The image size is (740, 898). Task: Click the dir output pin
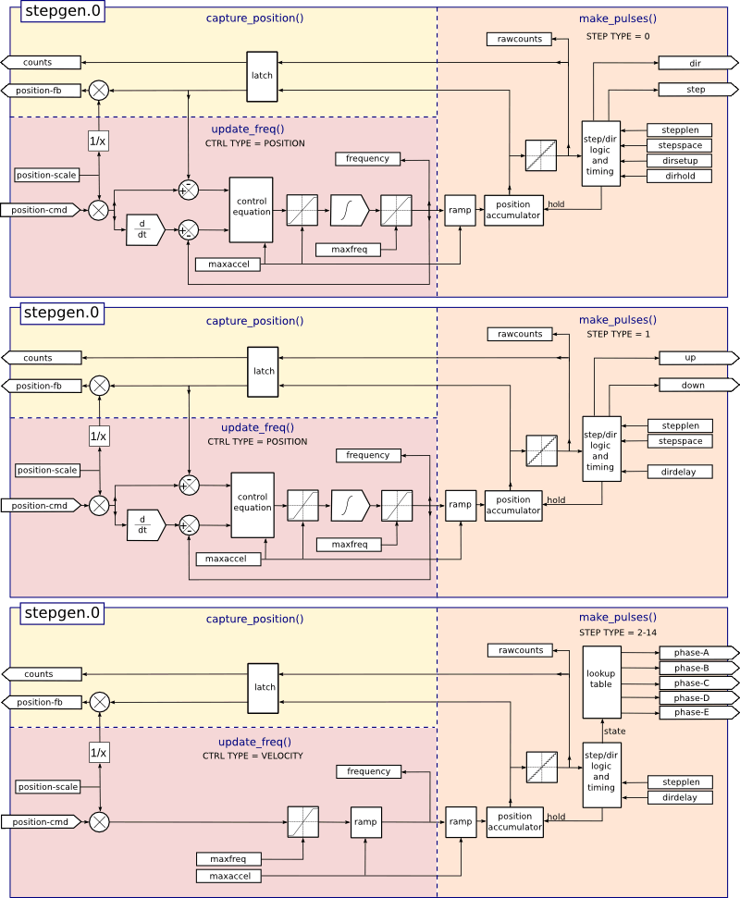click(696, 63)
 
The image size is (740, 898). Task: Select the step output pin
click(696, 90)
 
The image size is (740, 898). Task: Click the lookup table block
click(601, 681)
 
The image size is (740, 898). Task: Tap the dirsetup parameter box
click(679, 161)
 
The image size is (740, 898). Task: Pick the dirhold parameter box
click(679, 176)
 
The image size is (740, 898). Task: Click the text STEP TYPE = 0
click(618, 36)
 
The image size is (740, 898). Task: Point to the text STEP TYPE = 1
click(618, 334)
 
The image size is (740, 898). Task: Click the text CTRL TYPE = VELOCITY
click(253, 756)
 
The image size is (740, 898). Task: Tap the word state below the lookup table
click(614, 731)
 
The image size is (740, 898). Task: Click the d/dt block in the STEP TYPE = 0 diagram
click(143, 229)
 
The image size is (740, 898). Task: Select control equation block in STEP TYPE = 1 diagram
click(253, 503)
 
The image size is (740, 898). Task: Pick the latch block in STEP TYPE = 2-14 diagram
click(264, 687)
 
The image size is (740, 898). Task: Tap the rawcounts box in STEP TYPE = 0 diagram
click(520, 39)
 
